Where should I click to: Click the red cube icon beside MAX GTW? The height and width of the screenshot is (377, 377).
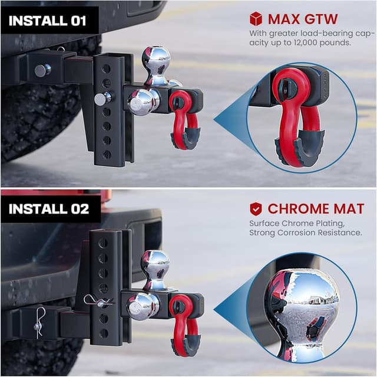[x=255, y=19]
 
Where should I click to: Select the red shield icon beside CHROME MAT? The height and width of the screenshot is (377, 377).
[x=256, y=208]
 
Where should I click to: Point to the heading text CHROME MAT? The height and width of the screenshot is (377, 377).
[x=316, y=208]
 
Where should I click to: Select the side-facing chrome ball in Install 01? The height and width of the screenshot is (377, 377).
[x=143, y=101]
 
